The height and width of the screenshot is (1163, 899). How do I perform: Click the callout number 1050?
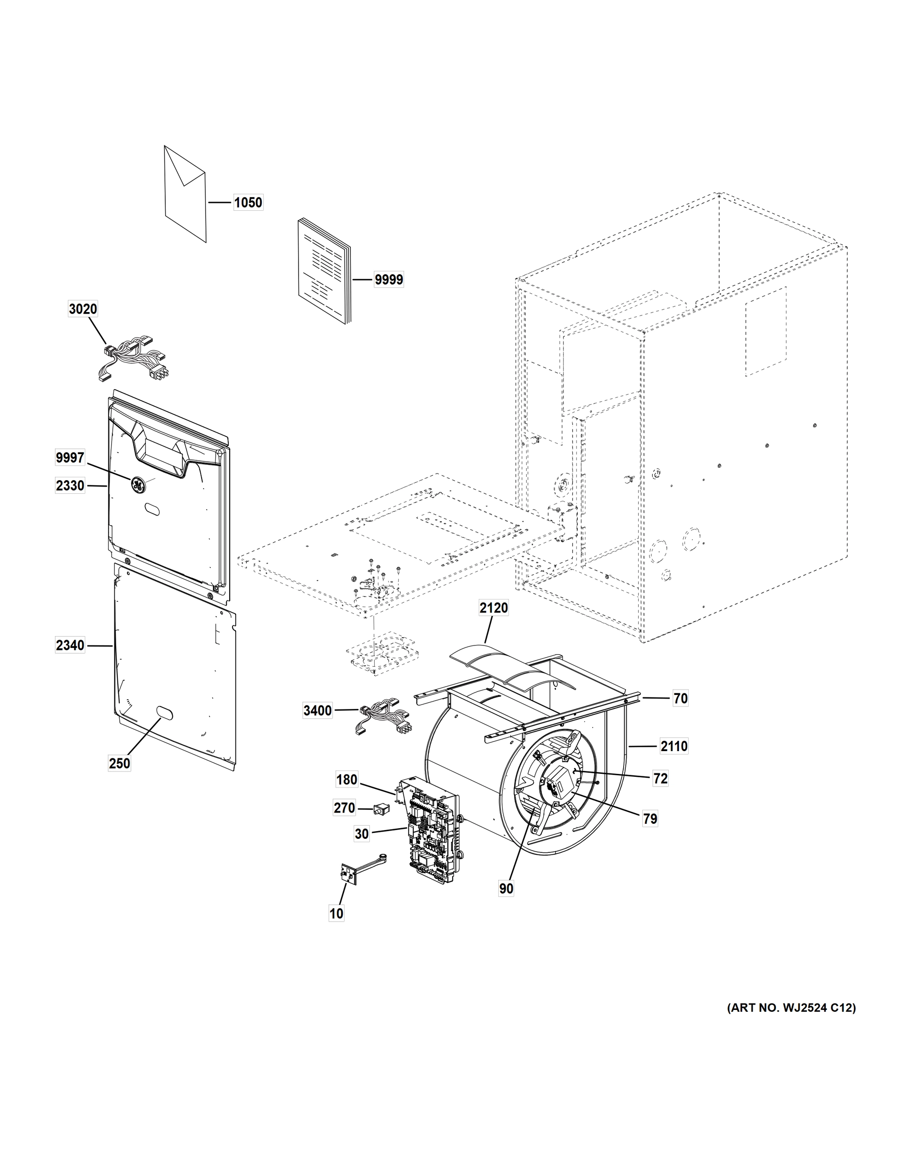click(248, 203)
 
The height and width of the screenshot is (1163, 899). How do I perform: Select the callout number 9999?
click(388, 280)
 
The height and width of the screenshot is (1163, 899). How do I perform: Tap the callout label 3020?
click(83, 309)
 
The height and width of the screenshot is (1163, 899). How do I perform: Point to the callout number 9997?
click(70, 457)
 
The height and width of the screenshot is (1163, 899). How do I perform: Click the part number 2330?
click(70, 486)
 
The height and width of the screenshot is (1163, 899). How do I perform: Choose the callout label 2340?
click(70, 645)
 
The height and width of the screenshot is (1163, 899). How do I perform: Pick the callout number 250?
click(119, 763)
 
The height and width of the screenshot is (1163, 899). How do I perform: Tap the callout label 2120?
click(493, 608)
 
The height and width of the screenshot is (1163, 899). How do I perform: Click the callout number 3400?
click(317, 710)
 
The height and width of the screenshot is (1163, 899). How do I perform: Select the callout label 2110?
click(674, 747)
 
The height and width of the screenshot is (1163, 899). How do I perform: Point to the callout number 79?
click(650, 818)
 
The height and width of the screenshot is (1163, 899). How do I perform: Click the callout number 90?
click(506, 888)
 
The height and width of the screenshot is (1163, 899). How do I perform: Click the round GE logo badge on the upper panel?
click(138, 484)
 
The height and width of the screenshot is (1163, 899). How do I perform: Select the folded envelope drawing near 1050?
click(185, 194)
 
